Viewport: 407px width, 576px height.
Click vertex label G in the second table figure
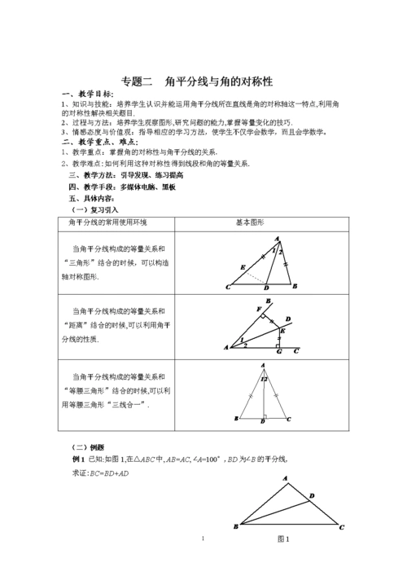pos(280,353)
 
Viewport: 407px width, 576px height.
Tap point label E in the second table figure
pos(283,330)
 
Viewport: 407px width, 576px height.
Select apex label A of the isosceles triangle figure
pos(263,366)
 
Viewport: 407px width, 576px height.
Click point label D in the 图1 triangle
pos(313,494)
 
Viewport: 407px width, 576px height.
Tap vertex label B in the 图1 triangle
pos(234,528)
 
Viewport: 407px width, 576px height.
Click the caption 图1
pos(283,539)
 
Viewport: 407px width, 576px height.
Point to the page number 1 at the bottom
pos(202,539)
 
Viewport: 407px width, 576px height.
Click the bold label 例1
pos(81,459)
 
